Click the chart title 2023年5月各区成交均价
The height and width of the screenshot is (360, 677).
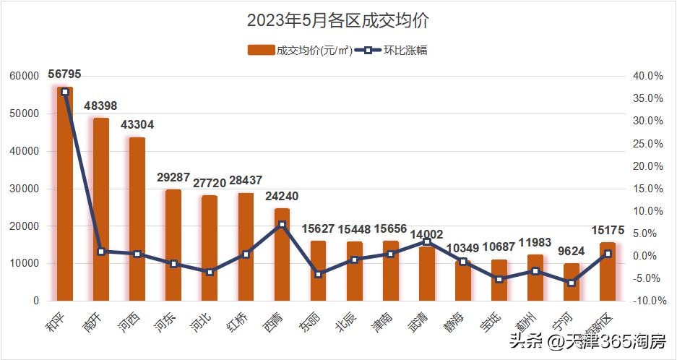coord(338,20)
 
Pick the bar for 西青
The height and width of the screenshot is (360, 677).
coord(282,254)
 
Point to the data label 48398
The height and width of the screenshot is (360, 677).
coord(102,106)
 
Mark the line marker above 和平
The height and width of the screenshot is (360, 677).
coord(65,92)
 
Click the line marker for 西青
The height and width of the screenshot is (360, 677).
coord(282,225)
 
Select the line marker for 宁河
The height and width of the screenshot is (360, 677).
coord(571,283)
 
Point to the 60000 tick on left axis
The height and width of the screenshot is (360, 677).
coord(24,76)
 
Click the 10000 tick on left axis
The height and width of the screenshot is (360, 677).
coord(24,263)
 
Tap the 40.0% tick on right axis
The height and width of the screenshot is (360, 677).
coord(647,76)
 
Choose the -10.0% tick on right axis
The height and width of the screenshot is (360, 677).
coord(646,301)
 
